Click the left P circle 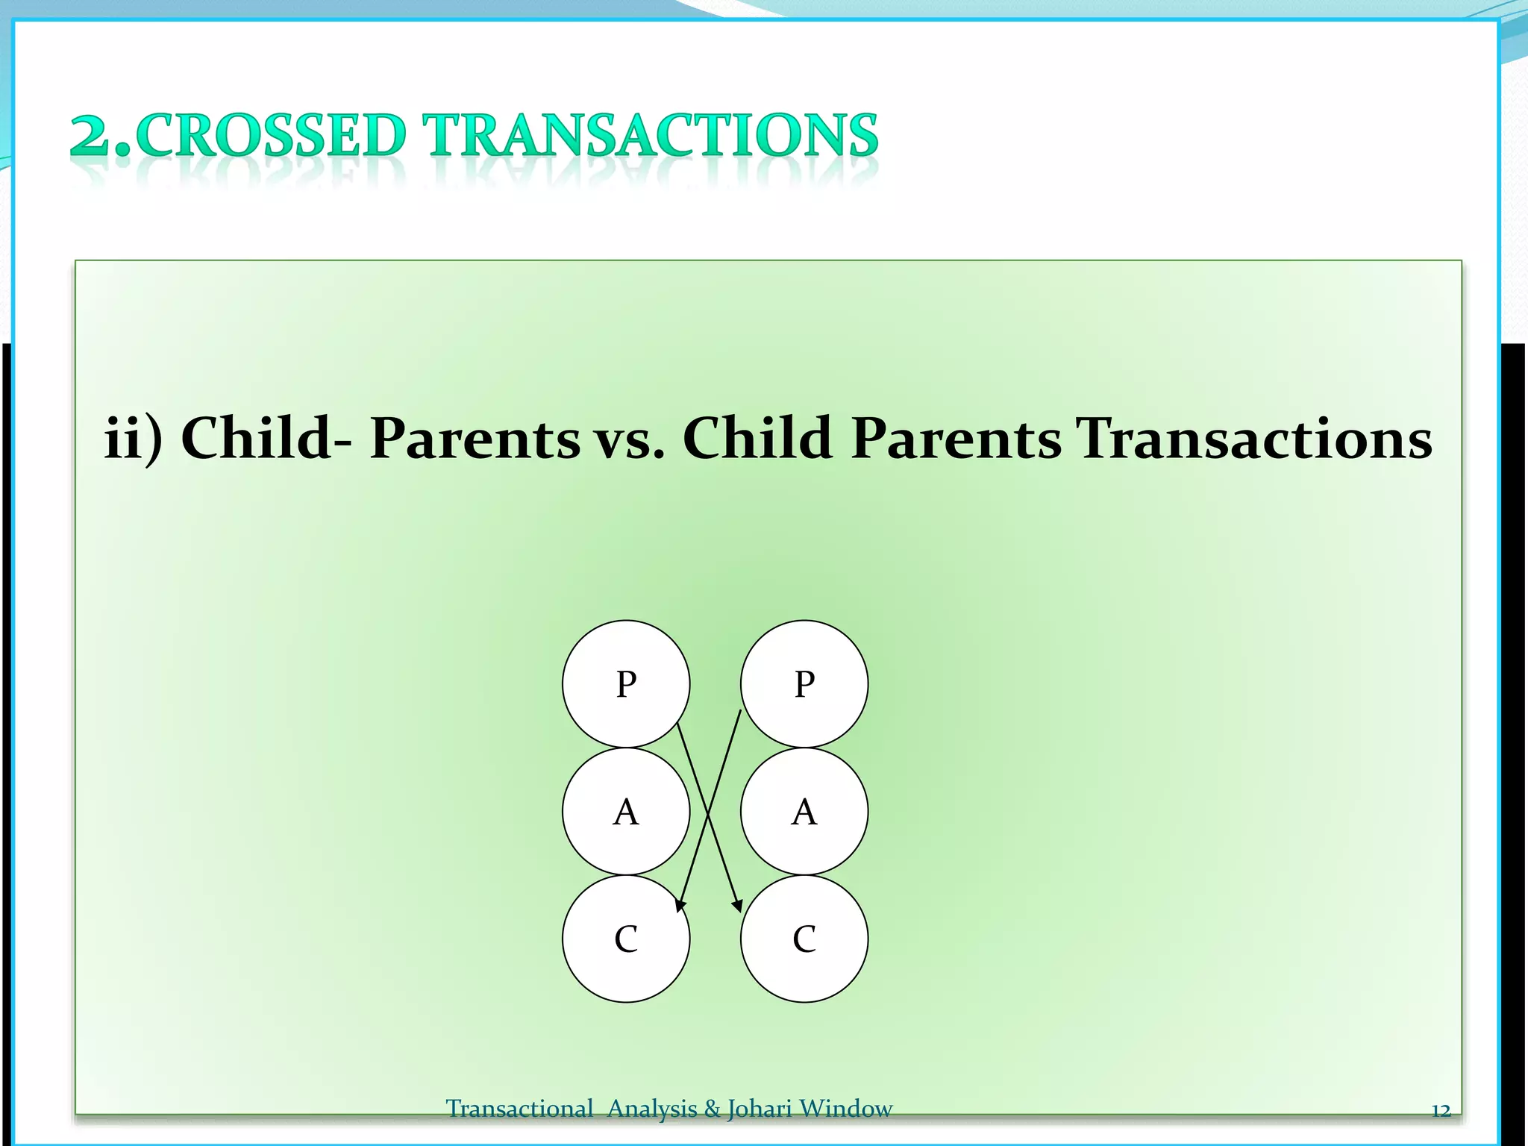pos(626,683)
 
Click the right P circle pos(804,683)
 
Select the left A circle pos(626,811)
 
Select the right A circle pos(804,811)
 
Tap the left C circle pos(626,939)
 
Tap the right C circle pos(804,939)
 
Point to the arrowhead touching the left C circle pos(679,905)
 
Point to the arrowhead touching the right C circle pos(737,905)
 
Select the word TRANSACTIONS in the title pos(651,136)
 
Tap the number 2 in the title pos(91,136)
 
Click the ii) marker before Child pos(133,439)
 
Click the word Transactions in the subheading pos(1253,439)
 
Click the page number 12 pos(1441,1110)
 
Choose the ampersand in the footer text pos(713,1109)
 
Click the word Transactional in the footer pos(519,1109)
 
